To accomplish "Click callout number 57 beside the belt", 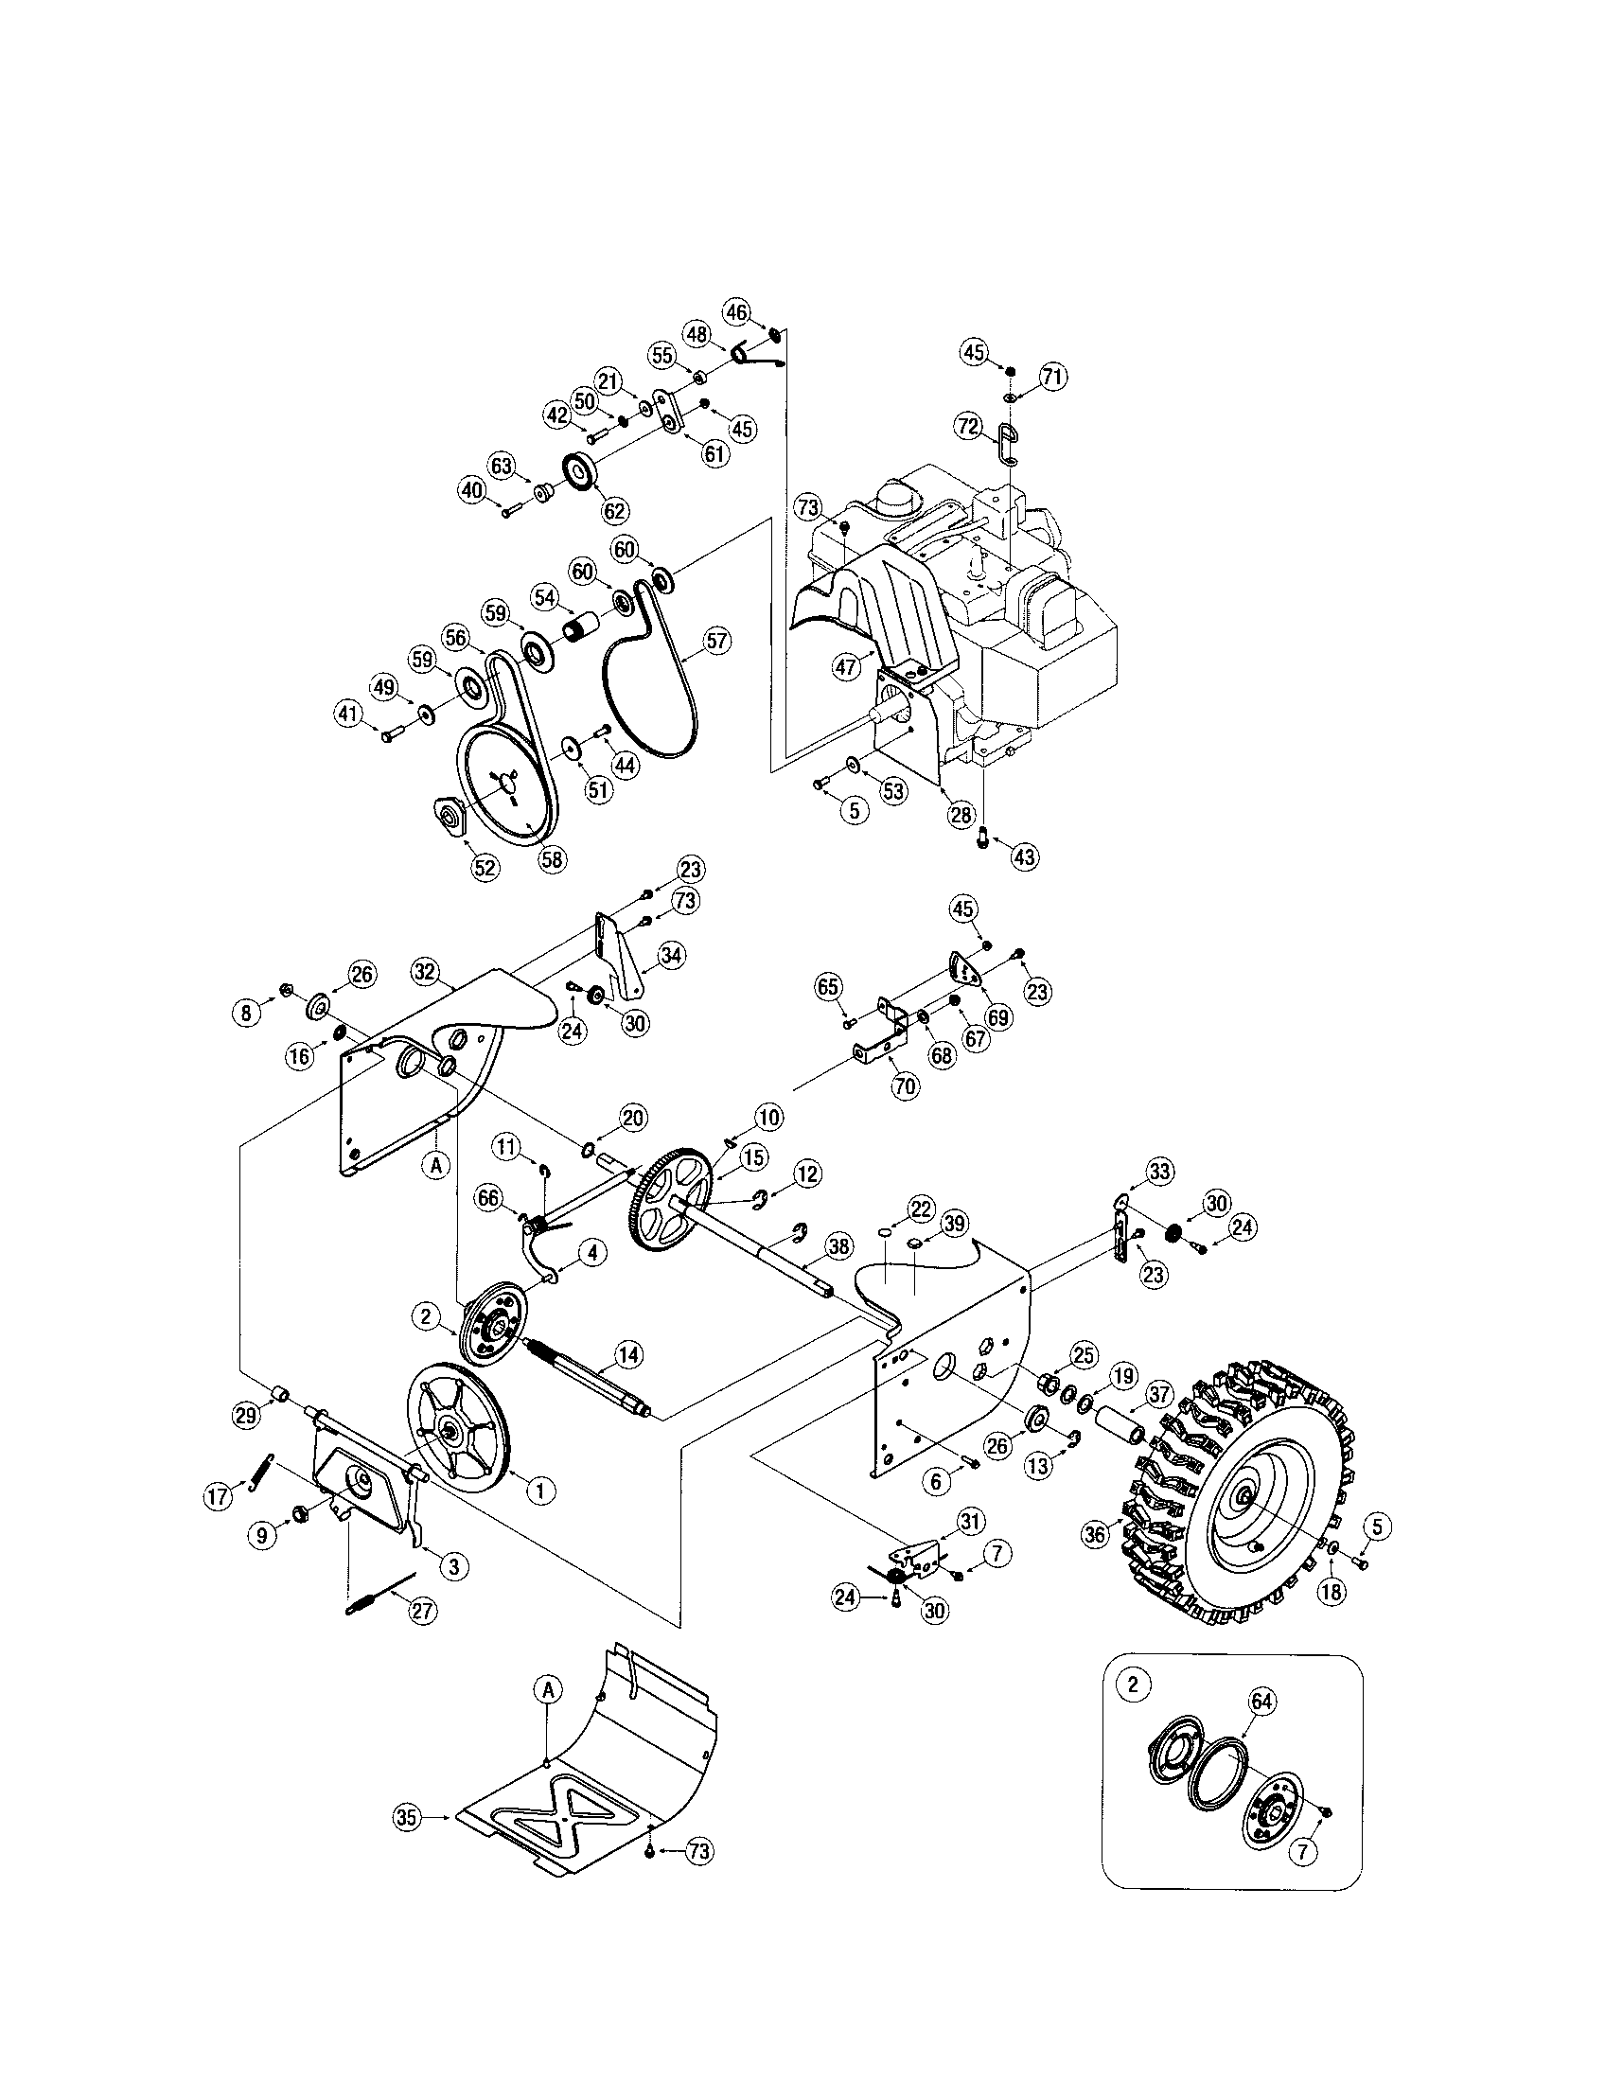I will coord(715,641).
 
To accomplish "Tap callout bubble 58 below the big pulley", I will coord(551,858).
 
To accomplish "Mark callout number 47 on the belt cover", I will coord(846,666).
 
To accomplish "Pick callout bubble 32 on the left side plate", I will coord(426,971).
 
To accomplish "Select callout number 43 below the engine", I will coord(1024,856).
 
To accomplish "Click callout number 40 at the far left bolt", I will coord(471,490).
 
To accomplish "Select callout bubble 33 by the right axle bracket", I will coord(1160,1171).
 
